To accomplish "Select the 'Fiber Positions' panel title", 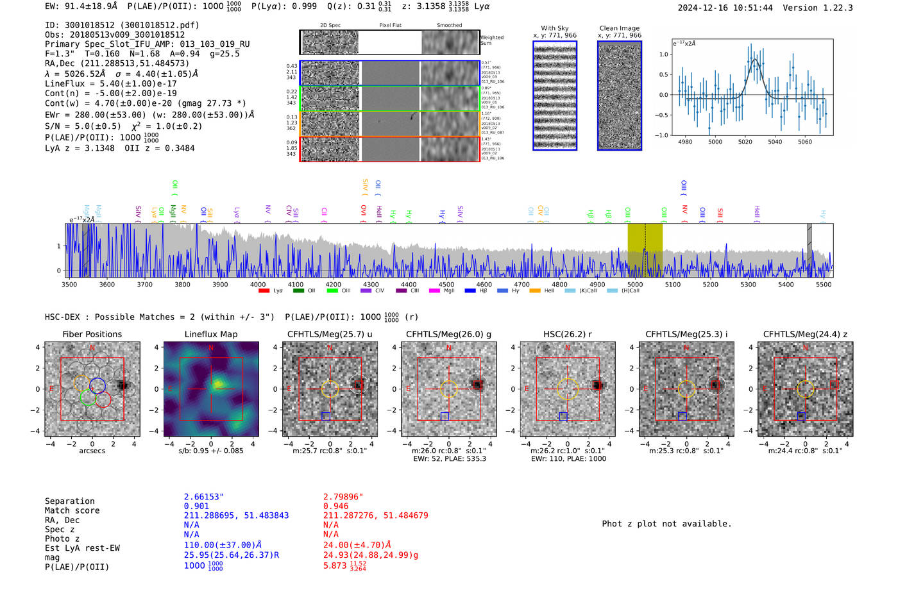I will pos(92,334).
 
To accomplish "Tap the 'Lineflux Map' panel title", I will pos(211,334).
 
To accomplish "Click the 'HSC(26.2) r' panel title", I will pos(567,334).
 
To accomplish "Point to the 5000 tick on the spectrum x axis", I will pos(635,284).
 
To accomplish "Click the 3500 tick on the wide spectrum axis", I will pos(69,284).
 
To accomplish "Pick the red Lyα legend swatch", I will pos(264,291).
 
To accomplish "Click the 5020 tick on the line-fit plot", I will pos(745,142).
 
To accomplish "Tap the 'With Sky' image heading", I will pos(555,28).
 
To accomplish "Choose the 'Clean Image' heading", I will pos(620,28).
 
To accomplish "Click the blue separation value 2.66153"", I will pos(204,497).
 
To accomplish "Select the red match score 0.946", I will pos(335,506).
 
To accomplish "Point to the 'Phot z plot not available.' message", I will pos(666,524).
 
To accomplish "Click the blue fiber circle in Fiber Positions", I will pos(97,385).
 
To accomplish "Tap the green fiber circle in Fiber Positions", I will pos(89,398).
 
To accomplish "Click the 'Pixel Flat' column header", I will pos(390,26).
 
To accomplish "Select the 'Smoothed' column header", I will pos(449,26).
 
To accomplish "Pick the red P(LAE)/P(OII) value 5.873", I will pos(335,566).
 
